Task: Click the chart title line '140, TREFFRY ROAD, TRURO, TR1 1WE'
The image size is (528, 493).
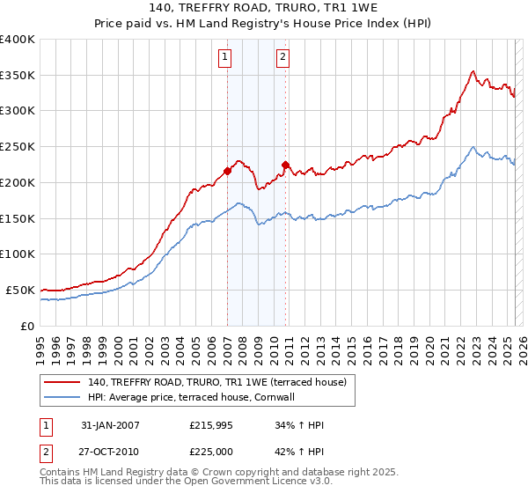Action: tap(263, 8)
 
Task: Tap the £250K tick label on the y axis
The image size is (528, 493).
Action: tap(18, 146)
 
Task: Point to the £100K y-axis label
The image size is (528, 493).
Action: tap(18, 254)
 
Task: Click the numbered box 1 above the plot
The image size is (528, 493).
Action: tap(225, 58)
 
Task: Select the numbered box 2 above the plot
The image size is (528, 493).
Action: tap(283, 58)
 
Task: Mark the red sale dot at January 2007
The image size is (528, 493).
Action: tap(227, 171)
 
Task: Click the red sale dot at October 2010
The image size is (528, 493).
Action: tap(285, 165)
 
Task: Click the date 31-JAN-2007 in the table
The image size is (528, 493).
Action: tap(109, 425)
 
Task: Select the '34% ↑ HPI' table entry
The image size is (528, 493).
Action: tap(299, 425)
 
